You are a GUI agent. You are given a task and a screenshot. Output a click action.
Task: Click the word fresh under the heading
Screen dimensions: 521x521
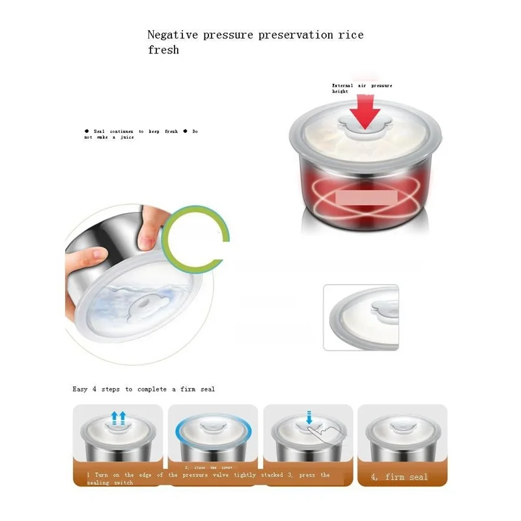click(163, 49)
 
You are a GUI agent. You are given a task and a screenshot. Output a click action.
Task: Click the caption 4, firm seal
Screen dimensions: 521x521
click(399, 477)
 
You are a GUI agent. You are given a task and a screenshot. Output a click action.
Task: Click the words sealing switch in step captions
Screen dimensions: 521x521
click(111, 483)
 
